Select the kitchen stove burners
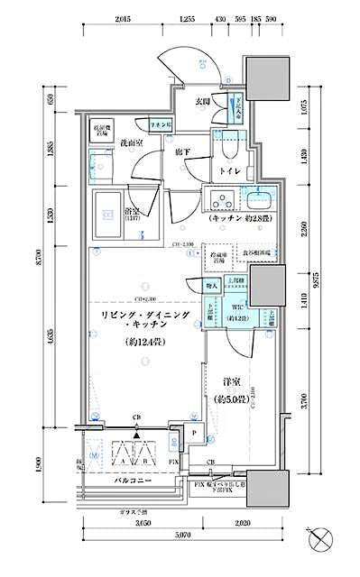[x=221, y=199]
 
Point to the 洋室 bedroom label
[x=225, y=381]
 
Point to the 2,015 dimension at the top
[x=125, y=19]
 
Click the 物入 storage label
[x=212, y=286]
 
